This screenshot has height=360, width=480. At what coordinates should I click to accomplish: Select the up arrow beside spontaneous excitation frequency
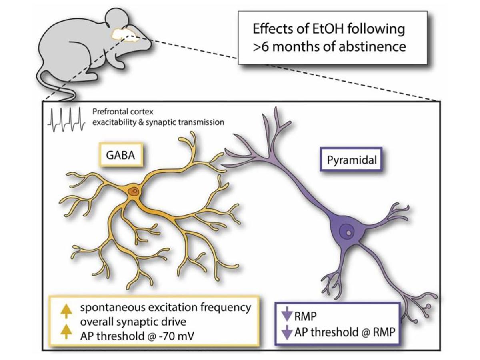pos(64,308)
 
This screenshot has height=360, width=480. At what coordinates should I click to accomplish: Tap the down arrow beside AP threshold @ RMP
pos(286,332)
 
